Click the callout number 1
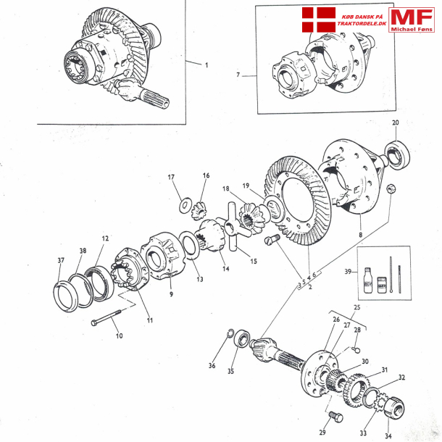point(206,65)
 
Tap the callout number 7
point(237,75)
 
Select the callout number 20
point(396,122)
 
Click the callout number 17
point(172,178)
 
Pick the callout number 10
point(120,335)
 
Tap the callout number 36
point(212,366)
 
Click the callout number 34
point(388,436)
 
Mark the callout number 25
point(356,309)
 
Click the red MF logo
point(412,21)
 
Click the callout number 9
point(171,294)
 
